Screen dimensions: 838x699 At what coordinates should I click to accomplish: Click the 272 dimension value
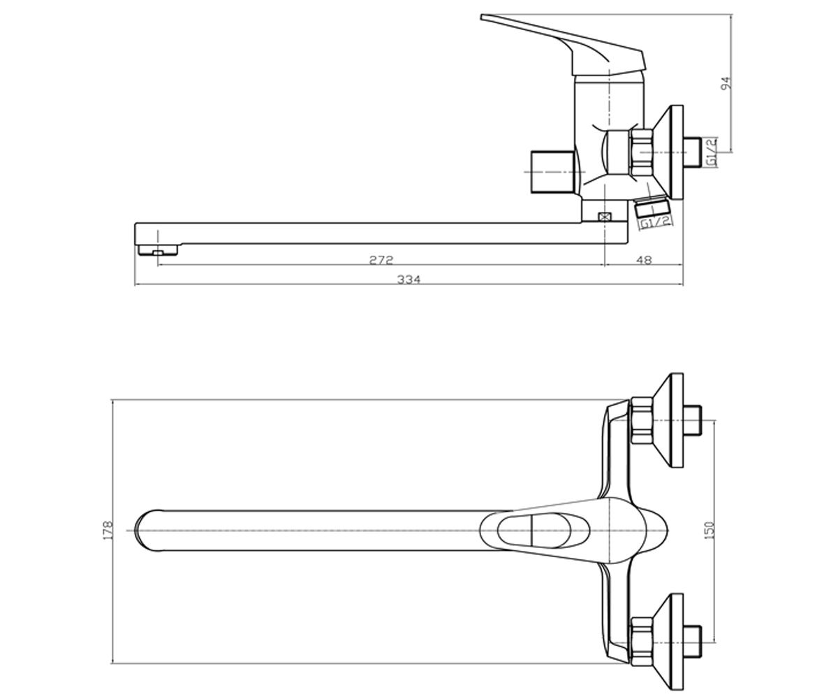click(x=381, y=260)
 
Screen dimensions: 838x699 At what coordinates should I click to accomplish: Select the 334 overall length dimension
click(x=409, y=279)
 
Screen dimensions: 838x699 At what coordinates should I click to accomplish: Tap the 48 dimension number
click(x=644, y=260)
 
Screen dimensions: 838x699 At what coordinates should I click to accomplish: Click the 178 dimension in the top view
click(x=108, y=530)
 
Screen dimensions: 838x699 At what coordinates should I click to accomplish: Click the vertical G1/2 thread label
click(x=712, y=152)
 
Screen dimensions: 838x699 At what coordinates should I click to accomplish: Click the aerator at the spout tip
click(x=158, y=251)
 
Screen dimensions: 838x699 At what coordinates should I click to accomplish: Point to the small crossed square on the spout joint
click(x=603, y=217)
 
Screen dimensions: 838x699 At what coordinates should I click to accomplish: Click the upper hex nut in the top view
click(x=642, y=420)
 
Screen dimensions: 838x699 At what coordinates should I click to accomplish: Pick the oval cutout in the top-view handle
click(x=543, y=531)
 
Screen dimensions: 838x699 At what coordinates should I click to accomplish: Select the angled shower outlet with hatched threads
click(x=650, y=209)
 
